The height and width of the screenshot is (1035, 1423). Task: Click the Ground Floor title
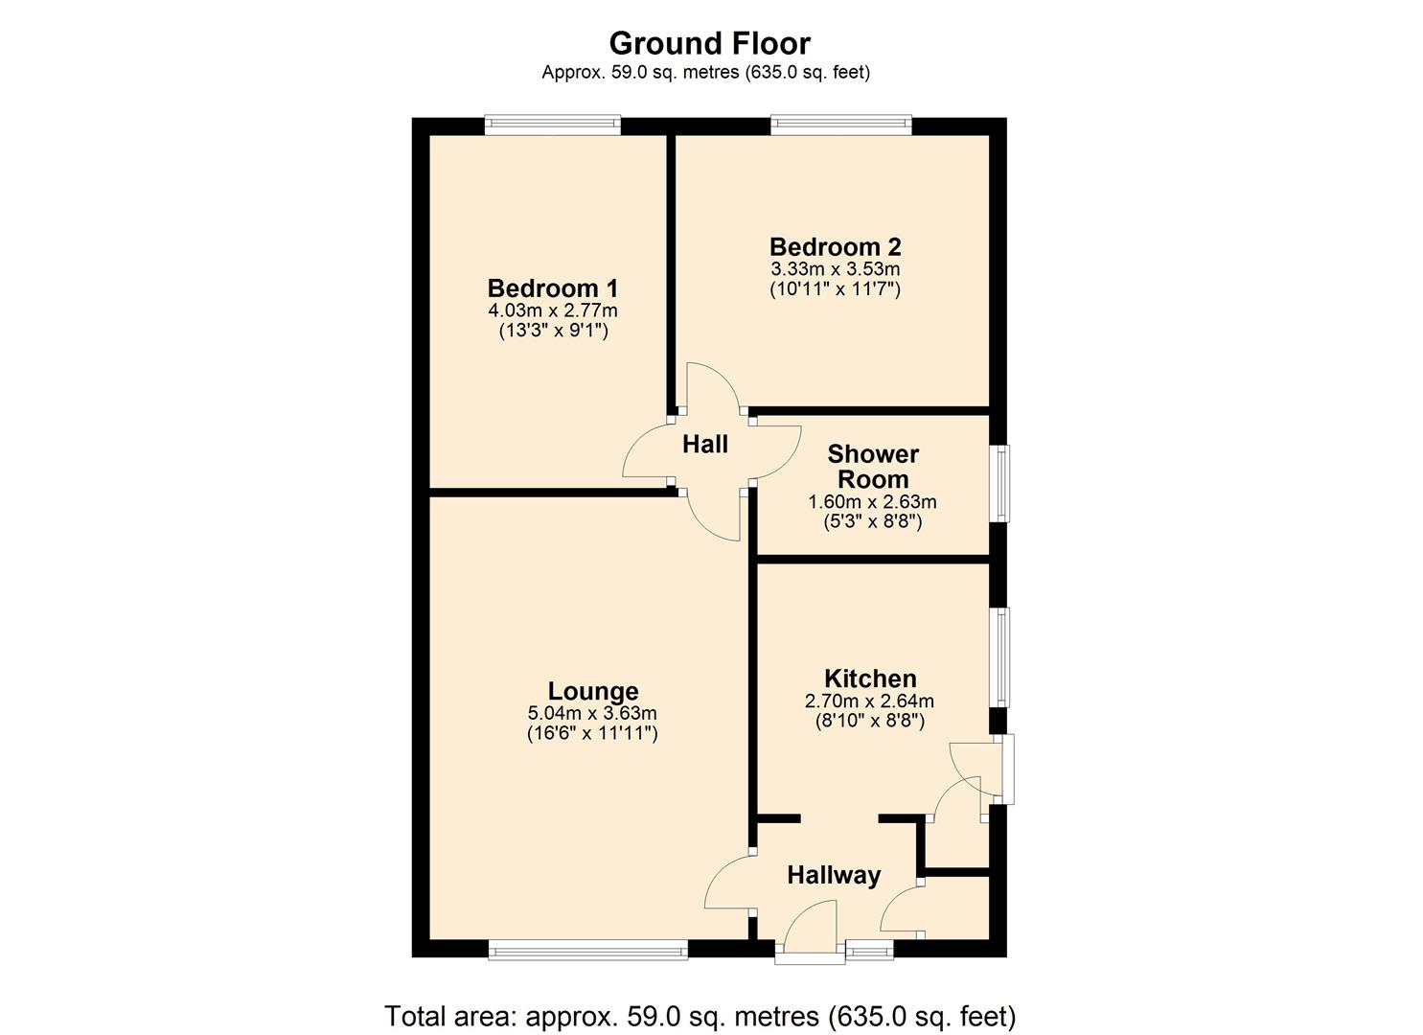709,43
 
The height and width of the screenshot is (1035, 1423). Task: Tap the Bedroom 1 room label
553,288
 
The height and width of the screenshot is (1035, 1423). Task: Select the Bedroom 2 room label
835,247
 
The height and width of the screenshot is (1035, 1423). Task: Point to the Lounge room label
592,691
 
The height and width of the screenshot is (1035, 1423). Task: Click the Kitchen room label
870,679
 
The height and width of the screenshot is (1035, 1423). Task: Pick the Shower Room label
873,467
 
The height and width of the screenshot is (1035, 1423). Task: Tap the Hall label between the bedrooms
705,445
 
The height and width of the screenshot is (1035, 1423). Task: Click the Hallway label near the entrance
834,875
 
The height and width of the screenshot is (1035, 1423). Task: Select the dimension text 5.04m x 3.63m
592,713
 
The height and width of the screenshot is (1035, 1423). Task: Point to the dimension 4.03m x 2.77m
553,310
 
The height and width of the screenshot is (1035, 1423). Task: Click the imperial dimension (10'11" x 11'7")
835,288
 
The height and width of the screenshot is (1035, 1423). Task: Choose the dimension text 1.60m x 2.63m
873,502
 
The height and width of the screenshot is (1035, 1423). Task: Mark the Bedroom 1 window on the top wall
553,125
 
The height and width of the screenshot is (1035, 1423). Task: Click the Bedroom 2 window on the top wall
840,125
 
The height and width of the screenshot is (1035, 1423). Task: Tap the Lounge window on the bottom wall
587,950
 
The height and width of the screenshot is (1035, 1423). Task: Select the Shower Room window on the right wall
1000,483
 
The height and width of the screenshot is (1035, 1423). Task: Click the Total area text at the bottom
700,1016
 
